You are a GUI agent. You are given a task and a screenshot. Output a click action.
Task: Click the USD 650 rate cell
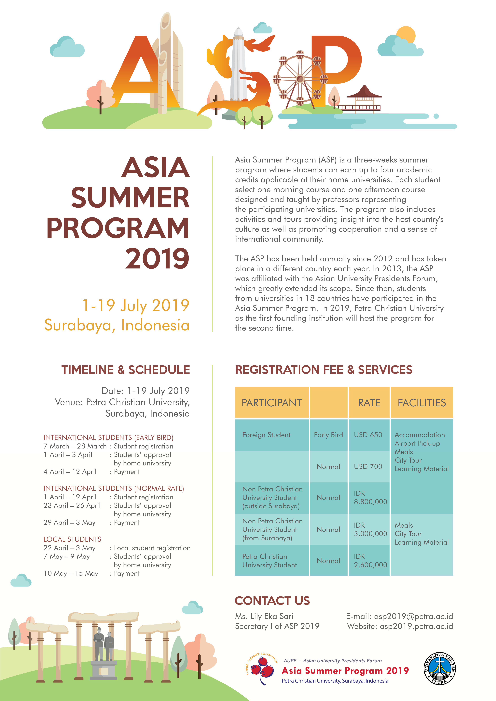[368, 435]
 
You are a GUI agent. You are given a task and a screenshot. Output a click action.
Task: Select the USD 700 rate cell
[368, 467]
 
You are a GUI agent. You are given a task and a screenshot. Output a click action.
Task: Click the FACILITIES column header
[421, 403]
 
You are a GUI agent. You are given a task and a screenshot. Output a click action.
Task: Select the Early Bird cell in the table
[328, 435]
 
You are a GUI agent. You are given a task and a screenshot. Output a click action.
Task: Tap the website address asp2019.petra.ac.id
[416, 626]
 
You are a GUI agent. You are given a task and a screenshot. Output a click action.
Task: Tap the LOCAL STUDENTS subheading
[72, 539]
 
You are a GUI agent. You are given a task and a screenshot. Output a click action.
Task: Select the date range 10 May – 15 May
[71, 573]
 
